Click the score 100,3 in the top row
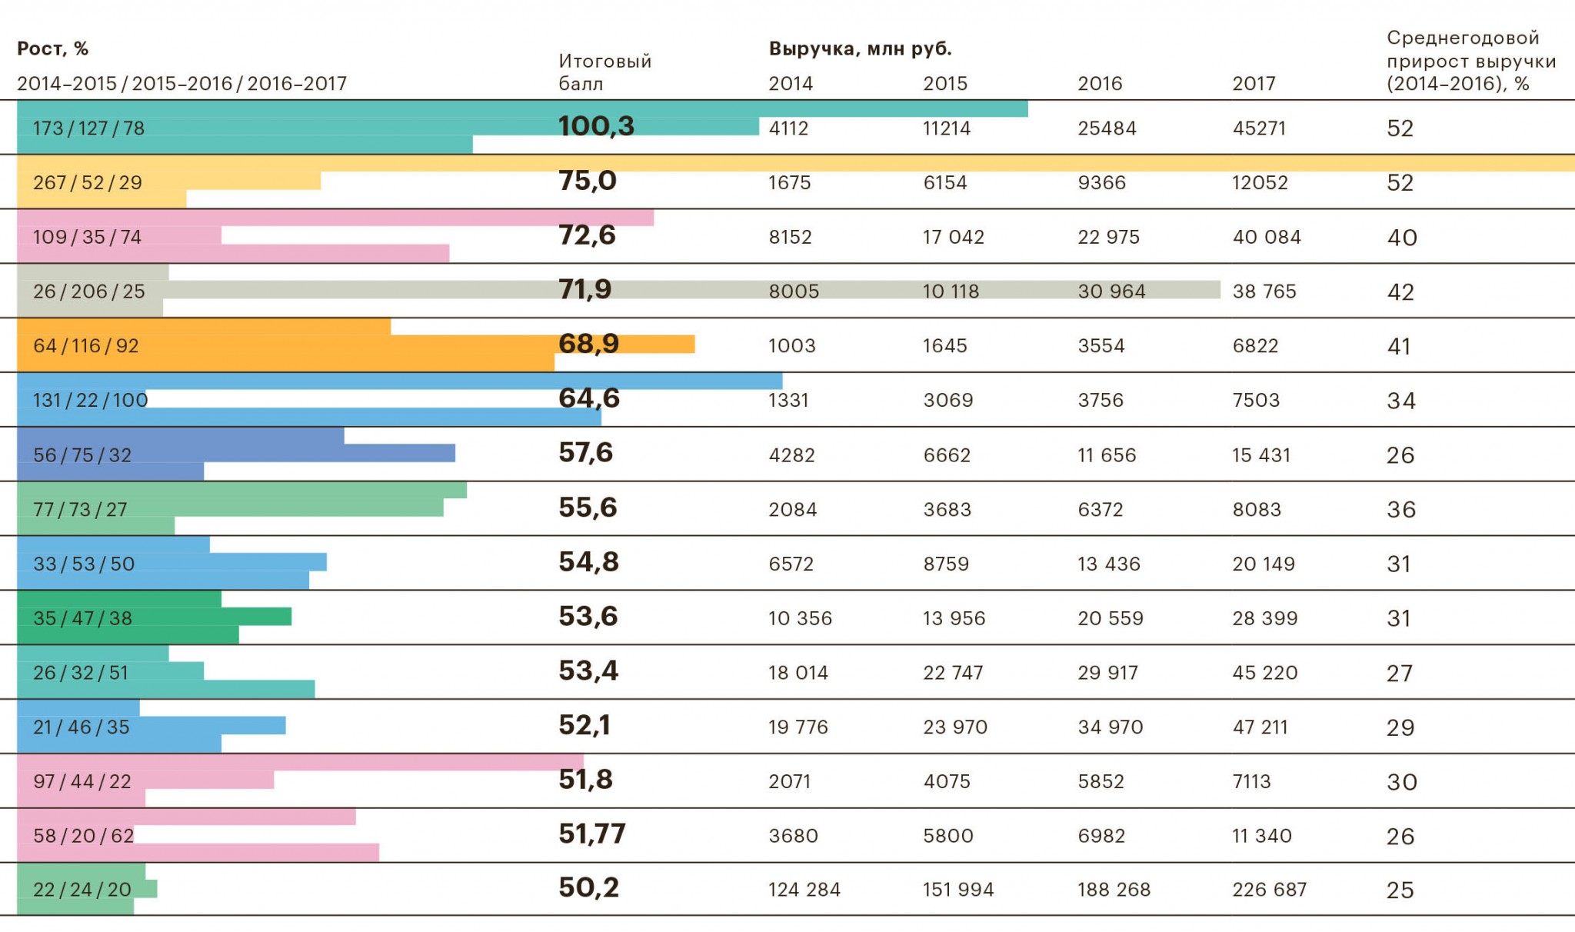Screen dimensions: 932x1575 tap(596, 126)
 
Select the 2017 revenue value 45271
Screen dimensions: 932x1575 tap(1259, 128)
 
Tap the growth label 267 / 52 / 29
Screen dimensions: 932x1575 tap(88, 183)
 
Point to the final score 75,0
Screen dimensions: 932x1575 tap(588, 181)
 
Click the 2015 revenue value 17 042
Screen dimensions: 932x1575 tap(954, 237)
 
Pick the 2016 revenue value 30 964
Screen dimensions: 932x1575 tap(1111, 291)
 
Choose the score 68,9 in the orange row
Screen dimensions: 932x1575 tap(588, 344)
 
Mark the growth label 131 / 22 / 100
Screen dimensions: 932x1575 tap(90, 400)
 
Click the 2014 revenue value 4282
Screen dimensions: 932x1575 tap(791, 455)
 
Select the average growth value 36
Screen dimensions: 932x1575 tap(1400, 510)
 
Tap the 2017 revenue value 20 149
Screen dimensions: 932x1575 tap(1264, 564)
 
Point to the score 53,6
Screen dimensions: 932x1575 tap(588, 617)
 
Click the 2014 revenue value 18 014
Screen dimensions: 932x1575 tap(798, 673)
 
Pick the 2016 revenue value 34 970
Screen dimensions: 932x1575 tap(1110, 727)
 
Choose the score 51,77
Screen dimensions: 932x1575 tap(592, 834)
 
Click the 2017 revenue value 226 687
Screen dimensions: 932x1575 tap(1269, 890)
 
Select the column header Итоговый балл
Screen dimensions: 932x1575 tap(604, 72)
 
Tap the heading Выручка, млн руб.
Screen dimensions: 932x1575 tap(860, 49)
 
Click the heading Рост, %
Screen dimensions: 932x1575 tap(53, 49)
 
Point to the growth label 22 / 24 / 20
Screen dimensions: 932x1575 tap(82, 890)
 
